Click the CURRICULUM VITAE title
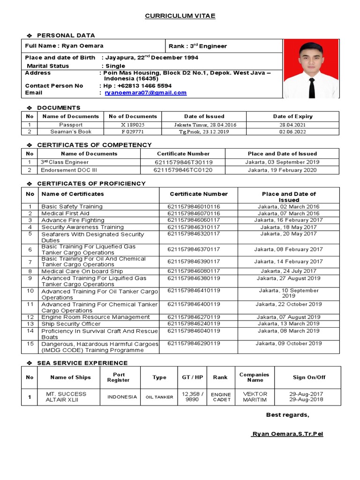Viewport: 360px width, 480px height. pyautogui.click(x=180, y=16)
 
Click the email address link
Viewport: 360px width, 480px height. pyautogui.click(x=145, y=93)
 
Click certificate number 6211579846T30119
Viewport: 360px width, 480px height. pyautogui.click(x=183, y=162)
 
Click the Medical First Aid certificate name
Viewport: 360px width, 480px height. pyautogui.click(x=65, y=213)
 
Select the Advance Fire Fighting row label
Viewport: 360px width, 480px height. pyautogui.click(x=73, y=220)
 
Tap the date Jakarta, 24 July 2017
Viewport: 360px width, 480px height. pyautogui.click(x=288, y=271)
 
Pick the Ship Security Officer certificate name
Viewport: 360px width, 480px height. pyautogui.click(x=71, y=324)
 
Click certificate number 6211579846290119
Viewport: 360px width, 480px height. pyautogui.click(x=194, y=344)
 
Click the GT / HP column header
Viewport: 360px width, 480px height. pyautogui.click(x=192, y=377)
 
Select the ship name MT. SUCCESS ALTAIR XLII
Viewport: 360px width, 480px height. pyautogui.click(x=66, y=397)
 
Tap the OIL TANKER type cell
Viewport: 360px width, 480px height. pyautogui.click(x=159, y=397)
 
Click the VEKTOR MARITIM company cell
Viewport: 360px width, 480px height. pyautogui.click(x=255, y=397)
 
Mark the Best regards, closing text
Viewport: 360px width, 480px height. pyautogui.click(x=287, y=415)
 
